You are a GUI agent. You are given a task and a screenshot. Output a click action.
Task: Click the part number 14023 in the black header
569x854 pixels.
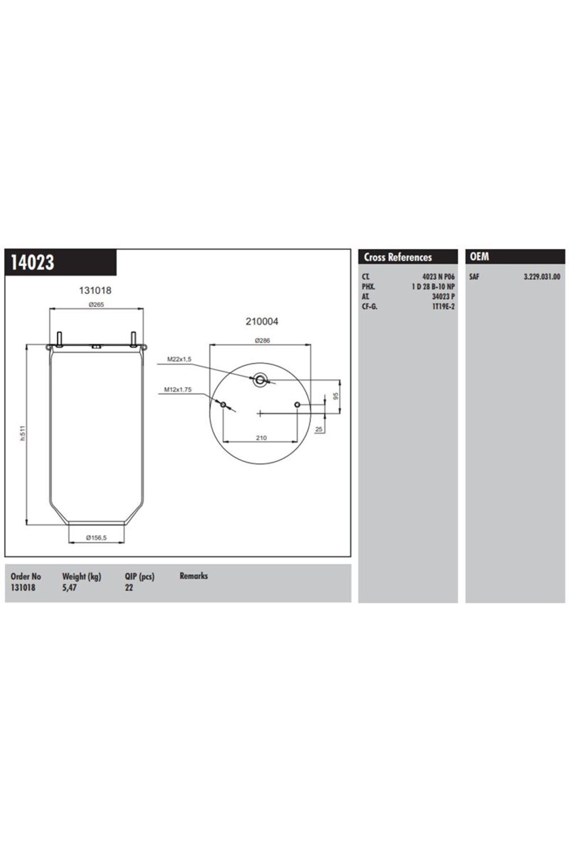[x=32, y=262]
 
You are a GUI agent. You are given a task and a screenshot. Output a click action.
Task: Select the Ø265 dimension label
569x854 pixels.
[x=96, y=305]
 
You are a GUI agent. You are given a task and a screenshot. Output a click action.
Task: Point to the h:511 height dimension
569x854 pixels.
[x=22, y=434]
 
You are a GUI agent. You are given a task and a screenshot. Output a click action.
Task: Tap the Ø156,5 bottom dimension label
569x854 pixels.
[x=96, y=538]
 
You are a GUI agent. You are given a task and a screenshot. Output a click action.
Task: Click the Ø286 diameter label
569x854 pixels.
[x=262, y=340]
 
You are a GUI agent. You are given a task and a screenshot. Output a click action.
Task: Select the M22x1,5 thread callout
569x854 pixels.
[x=179, y=360]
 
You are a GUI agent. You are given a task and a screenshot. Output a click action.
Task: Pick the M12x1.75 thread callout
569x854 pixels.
[x=178, y=390]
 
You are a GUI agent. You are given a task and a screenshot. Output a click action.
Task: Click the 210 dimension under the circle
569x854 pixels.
[x=261, y=438]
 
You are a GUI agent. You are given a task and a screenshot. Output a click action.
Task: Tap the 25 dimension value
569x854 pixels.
[x=319, y=429]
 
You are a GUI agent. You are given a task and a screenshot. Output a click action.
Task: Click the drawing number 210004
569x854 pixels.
[x=262, y=321]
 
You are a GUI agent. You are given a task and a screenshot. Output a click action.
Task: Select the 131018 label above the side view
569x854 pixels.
[x=95, y=290]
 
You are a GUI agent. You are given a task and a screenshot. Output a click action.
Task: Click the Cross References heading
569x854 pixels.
[x=398, y=257]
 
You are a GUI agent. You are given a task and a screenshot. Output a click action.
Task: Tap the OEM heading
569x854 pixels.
[x=479, y=257]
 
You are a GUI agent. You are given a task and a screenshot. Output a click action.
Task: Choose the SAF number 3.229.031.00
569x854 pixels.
[x=541, y=277]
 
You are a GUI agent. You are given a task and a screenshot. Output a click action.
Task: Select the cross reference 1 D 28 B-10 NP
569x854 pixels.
[x=433, y=287]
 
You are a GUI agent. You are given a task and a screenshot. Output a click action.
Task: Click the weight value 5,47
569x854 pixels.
[x=69, y=587]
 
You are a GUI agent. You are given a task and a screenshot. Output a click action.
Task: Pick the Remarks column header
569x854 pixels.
[x=193, y=576]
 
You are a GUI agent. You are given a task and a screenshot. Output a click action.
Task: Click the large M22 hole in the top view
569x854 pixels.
[x=259, y=380]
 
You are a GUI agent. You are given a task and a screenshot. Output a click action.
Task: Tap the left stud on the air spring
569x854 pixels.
[x=59, y=339]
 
